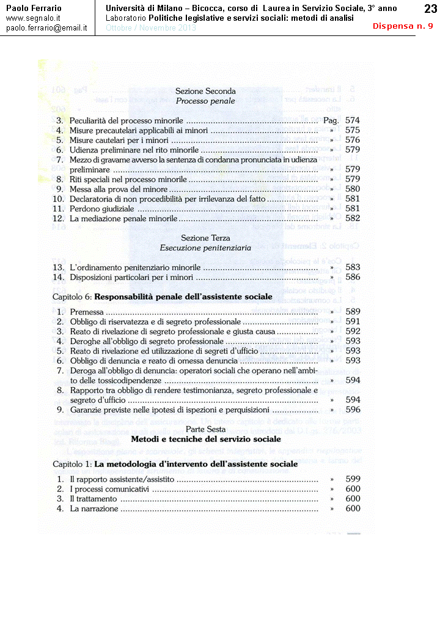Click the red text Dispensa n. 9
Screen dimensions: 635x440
tap(403, 26)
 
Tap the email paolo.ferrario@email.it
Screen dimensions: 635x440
tap(46, 28)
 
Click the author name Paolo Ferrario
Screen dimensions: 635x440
tap(34, 8)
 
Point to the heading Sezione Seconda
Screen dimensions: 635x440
tap(205, 91)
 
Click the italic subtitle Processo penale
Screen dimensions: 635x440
tap(205, 101)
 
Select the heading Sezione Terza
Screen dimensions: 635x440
tap(205, 238)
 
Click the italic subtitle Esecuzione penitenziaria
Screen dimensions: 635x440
tap(205, 248)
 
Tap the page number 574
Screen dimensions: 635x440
tap(353, 120)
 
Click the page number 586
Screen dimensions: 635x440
tap(353, 277)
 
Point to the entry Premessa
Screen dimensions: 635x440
tap(87, 311)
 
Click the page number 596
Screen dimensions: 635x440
tap(353, 410)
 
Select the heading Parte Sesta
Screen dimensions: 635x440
tap(206, 429)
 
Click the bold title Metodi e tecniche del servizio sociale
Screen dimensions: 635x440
tap(206, 439)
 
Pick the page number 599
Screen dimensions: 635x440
tap(353, 479)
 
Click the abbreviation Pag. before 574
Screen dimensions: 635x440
tap(331, 120)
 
